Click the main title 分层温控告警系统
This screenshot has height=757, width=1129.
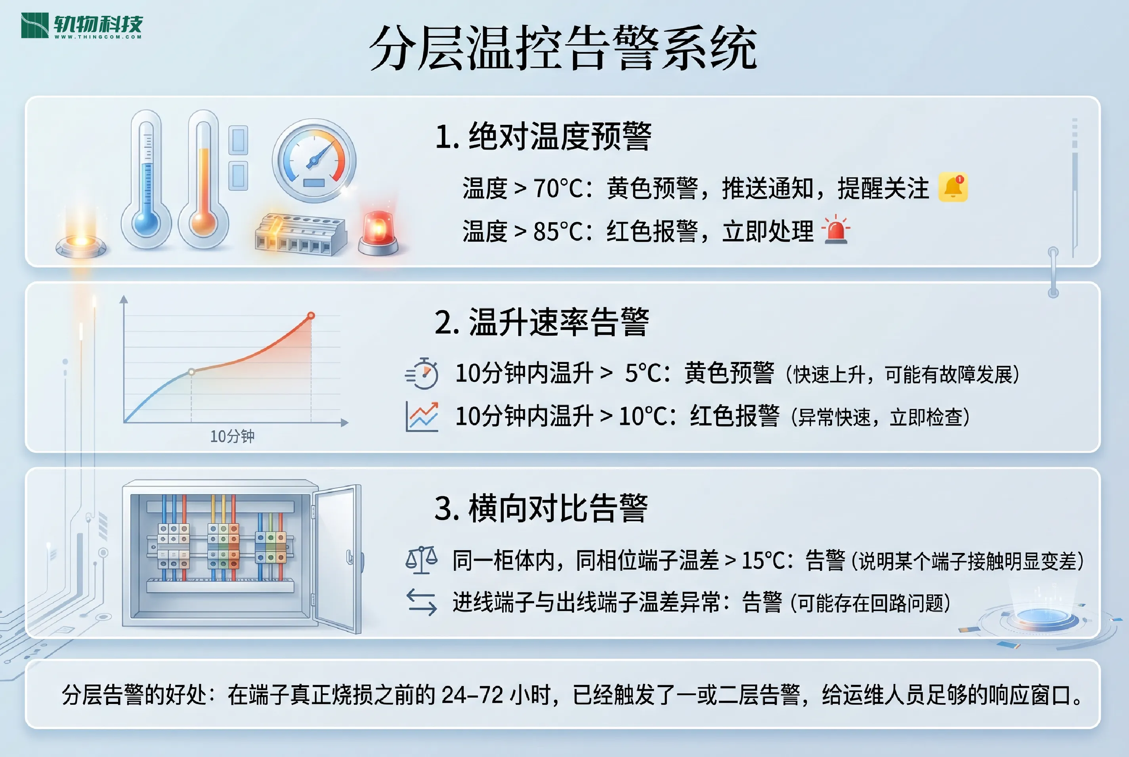(x=564, y=48)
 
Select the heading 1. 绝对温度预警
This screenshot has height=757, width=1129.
(x=543, y=136)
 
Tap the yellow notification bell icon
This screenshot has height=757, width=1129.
(x=953, y=187)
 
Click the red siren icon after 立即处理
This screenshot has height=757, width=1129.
(x=836, y=230)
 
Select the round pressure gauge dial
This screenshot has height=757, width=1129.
(x=314, y=160)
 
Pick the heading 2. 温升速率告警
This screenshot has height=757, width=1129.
(x=542, y=322)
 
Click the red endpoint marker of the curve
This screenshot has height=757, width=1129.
(x=311, y=316)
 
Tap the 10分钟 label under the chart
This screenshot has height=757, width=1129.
(x=232, y=437)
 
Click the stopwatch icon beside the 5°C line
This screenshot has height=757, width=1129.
(x=422, y=373)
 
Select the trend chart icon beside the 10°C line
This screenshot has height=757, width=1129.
(x=422, y=416)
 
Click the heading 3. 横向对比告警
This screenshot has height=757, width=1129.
(x=541, y=508)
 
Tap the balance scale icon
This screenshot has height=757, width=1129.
(x=422, y=560)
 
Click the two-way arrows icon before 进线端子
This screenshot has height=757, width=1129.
(x=422, y=603)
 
